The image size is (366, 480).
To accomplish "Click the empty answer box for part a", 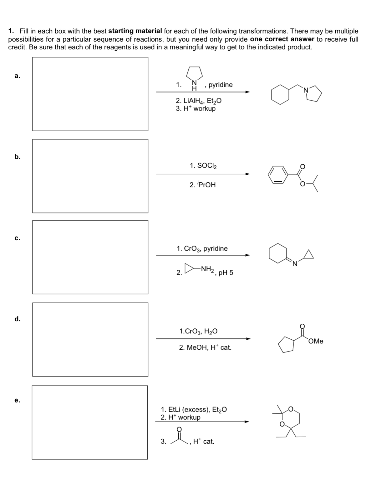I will (90, 94).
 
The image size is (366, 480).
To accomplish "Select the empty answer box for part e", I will (89, 422).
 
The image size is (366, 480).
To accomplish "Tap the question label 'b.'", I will (18, 157).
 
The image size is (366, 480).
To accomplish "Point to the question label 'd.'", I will (18, 319).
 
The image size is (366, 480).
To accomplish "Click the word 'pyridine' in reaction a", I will (221, 85).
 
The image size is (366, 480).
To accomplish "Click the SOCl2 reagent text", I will (203, 166).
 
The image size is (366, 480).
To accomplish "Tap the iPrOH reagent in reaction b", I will (203, 185).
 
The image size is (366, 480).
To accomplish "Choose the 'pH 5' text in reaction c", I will (226, 273).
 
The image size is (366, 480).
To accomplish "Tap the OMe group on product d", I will (316, 341).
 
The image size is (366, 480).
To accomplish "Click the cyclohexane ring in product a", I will (280, 95).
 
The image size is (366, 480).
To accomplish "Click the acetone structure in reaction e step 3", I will (179, 437).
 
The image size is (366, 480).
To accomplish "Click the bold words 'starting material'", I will (135, 31).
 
